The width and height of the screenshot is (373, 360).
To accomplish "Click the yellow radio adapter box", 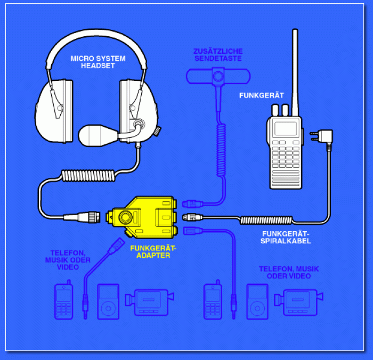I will [141, 217].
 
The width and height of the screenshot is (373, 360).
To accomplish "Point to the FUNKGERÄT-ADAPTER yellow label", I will [152, 251].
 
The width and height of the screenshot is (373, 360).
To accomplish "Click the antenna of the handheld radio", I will [295, 64].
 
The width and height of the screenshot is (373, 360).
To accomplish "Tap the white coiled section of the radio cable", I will [266, 219].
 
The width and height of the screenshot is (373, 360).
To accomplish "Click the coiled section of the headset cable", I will [88, 176].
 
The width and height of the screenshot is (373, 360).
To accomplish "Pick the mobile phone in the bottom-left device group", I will [63, 302].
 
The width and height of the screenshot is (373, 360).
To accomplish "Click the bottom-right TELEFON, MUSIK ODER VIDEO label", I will [285, 273].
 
